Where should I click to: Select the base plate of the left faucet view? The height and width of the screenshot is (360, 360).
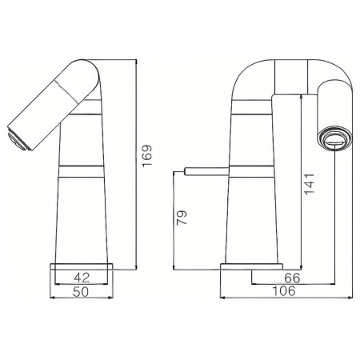[83, 265]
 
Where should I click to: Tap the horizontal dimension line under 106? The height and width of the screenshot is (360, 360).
[284, 299]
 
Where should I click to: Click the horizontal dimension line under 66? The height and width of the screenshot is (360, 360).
[293, 285]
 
